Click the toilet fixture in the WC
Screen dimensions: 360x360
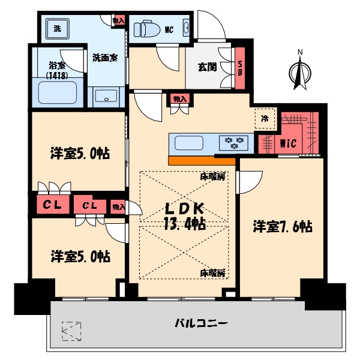click(147, 29)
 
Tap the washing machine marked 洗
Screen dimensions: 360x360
click(58, 29)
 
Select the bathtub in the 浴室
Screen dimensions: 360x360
click(58, 92)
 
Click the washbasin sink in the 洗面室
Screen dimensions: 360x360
click(106, 96)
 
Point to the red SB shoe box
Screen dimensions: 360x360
click(240, 68)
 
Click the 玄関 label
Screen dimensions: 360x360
click(207, 67)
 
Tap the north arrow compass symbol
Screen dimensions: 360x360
click(300, 70)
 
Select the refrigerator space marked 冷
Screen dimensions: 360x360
click(265, 118)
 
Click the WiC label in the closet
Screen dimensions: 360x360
click(288, 143)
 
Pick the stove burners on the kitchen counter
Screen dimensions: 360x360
click(234, 143)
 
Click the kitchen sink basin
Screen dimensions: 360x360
click(189, 143)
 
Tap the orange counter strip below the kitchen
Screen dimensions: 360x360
click(202, 161)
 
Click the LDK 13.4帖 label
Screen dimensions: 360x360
click(185, 216)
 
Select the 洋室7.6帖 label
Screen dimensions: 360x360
click(283, 226)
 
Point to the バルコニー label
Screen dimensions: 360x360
click(201, 323)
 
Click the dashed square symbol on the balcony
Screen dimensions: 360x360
click(71, 331)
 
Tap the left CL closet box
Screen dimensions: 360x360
click(52, 205)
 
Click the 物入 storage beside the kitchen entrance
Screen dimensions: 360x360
click(180, 99)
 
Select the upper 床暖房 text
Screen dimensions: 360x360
click(212, 176)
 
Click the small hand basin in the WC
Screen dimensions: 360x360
click(186, 28)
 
